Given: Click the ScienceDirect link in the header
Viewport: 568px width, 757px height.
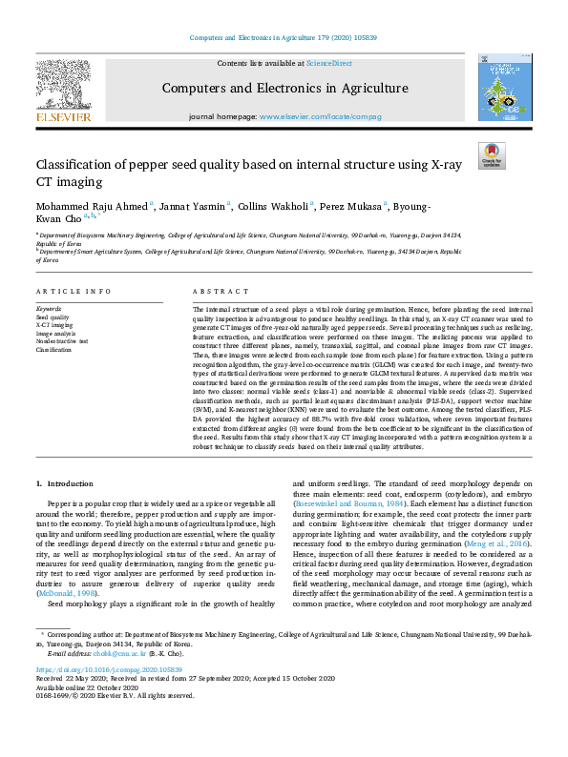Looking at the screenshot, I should pos(328,63).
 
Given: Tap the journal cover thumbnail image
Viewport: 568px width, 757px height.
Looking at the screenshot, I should pos(504,88).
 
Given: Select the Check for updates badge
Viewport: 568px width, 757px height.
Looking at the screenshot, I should pos(492,154).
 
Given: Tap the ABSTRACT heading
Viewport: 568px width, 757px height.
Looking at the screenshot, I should pos(215,291).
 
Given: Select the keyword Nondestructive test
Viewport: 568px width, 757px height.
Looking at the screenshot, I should pos(62,342).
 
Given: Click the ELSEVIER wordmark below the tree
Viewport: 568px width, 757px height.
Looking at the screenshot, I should pos(63,116).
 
